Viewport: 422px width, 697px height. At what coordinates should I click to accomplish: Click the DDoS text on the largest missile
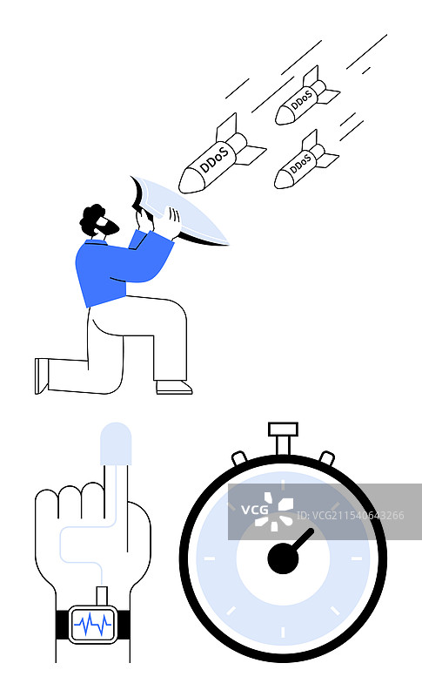[x=214, y=159]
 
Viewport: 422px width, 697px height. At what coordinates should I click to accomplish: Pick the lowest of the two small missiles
[x=306, y=160]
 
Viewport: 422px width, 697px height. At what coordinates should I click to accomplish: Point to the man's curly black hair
[x=91, y=219]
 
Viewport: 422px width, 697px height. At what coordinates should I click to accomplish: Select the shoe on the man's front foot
[x=174, y=388]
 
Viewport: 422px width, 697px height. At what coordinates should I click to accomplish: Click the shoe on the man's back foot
[x=41, y=376]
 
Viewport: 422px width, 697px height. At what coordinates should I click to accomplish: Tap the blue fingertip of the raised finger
[x=116, y=443]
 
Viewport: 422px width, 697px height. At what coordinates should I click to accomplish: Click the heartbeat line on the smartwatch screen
[x=93, y=624]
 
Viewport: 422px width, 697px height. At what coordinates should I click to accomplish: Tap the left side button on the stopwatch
[x=239, y=458]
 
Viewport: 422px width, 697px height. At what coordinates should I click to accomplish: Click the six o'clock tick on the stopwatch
[x=283, y=632]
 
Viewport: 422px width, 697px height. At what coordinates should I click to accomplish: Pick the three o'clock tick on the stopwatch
[x=357, y=558]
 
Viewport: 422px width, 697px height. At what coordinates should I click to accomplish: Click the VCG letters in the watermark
[x=255, y=510]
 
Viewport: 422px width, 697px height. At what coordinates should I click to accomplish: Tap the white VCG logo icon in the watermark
[x=278, y=511]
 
